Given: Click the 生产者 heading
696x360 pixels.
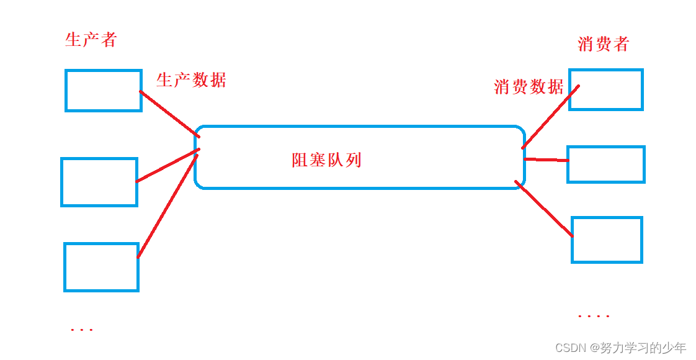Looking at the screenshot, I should point(91,40).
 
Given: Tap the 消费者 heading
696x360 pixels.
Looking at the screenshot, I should point(603,44).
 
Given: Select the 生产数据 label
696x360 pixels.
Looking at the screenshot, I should point(191,80).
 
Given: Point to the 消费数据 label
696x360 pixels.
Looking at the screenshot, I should point(529,87).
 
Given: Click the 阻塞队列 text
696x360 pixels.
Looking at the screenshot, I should point(326,160).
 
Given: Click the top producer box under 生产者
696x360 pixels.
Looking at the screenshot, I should point(104,91).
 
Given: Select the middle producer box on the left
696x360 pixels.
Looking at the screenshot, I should point(99,182).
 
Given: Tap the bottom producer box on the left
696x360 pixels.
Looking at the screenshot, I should point(101,267).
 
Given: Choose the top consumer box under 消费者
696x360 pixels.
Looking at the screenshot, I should point(606,90).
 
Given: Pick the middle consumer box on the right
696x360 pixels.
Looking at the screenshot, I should point(606,164).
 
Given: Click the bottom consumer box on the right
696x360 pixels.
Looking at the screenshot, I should point(607,240).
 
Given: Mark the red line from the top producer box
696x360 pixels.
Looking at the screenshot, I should point(169,114).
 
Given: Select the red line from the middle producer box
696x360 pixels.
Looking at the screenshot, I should point(167,166).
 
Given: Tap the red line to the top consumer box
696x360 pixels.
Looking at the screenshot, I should point(550,117).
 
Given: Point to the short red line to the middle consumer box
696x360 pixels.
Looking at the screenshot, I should point(546,160).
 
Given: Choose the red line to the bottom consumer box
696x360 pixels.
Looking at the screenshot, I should point(543,209).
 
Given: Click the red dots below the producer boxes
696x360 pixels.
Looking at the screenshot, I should point(82,330).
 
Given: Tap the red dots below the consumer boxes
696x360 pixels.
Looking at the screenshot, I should point(594,317).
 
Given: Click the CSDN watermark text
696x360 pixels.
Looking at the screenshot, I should point(620,348).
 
